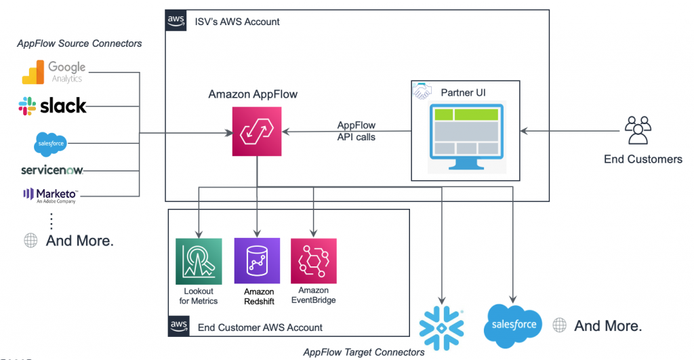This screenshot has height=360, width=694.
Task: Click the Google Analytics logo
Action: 54,72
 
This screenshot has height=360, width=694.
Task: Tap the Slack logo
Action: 52,106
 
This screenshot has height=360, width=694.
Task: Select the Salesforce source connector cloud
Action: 50,144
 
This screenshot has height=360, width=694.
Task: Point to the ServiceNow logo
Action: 52,170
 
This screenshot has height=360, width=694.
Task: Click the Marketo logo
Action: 50,195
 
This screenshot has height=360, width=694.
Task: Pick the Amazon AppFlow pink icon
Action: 257,131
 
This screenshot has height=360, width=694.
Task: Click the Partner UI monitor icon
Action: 466,136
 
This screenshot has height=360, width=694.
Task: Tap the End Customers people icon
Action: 638,130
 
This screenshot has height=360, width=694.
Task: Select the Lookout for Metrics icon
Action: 199,261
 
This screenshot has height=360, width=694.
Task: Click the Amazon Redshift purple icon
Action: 257,261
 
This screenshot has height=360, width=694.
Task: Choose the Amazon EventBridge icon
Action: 314,261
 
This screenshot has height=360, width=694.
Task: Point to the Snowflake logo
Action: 441,328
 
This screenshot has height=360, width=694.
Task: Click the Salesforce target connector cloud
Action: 513,325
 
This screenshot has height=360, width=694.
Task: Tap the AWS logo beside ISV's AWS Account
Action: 176,20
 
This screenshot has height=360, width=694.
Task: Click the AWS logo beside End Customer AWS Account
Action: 179,326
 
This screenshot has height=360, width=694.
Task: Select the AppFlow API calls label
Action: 356,131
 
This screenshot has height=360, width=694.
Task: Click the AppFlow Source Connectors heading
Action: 80,43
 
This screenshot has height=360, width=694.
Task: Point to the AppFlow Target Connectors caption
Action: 364,352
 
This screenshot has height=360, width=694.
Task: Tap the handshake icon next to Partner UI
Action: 422,91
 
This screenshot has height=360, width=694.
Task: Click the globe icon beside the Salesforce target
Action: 559,325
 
